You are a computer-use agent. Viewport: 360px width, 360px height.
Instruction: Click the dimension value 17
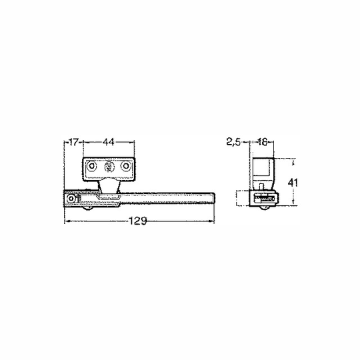(74, 143)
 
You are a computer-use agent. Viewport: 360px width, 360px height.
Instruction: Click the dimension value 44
(109, 143)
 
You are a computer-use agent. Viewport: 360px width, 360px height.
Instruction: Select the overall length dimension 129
(138, 221)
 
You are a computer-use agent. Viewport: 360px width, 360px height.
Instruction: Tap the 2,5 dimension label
(233, 143)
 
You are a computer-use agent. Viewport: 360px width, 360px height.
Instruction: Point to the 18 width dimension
(262, 143)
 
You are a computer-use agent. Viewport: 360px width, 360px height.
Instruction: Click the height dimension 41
(293, 183)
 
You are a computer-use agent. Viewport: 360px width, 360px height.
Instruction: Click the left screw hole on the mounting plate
(92, 166)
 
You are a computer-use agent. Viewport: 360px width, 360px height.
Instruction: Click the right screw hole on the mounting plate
(125, 166)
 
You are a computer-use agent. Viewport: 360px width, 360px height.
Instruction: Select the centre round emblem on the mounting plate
(109, 166)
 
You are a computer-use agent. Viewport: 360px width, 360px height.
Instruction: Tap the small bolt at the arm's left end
(71, 199)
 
